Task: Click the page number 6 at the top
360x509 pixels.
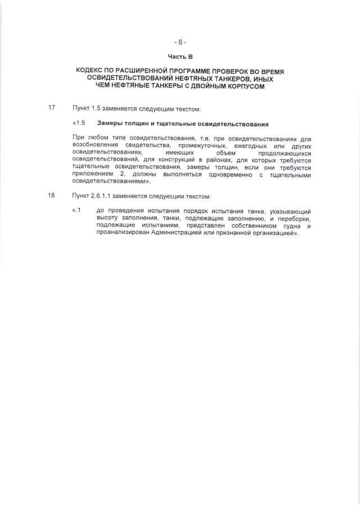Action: (180, 42)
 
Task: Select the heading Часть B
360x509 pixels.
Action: (180, 56)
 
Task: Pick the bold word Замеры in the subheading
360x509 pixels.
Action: (110, 124)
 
